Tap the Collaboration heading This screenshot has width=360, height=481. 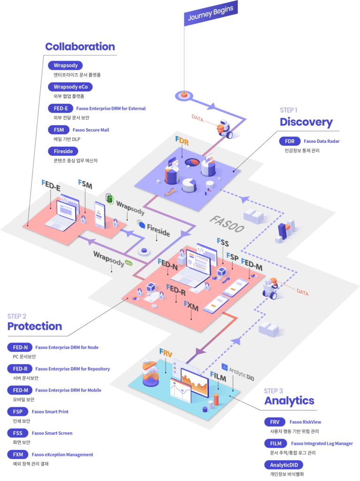80,47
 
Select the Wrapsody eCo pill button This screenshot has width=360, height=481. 70,87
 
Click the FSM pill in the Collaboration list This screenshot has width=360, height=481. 59,130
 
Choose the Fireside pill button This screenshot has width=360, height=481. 63,151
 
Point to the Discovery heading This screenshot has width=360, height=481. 306,122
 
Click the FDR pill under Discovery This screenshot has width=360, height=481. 290,141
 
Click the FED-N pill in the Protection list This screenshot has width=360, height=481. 20,348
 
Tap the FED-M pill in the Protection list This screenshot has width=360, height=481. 20,390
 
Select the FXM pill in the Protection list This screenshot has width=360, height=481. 18,454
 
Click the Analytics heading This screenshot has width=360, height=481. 289,401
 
